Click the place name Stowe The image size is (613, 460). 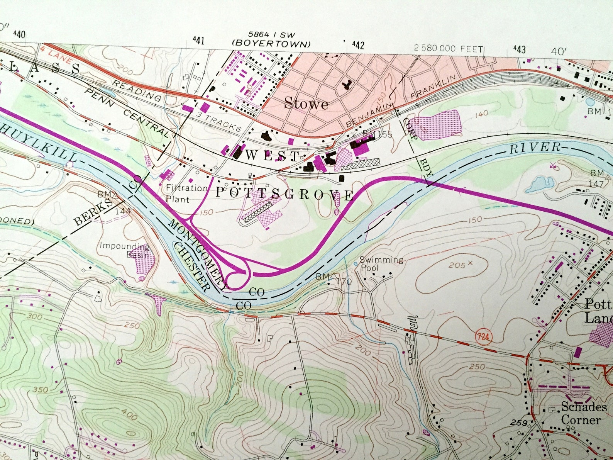pyautogui.click(x=306, y=104)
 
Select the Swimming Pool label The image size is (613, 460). pyautogui.click(x=381, y=264)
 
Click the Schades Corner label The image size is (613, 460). pyautogui.click(x=584, y=413)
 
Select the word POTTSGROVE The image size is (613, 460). pyautogui.click(x=284, y=194)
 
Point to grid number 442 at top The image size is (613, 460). pyautogui.click(x=358, y=46)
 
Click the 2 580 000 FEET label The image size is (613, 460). pyautogui.click(x=448, y=49)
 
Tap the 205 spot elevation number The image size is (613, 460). pyautogui.click(x=457, y=266)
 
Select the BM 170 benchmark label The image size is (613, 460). pyautogui.click(x=334, y=279)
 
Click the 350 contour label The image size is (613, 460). pyautogui.click(x=40, y=389)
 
